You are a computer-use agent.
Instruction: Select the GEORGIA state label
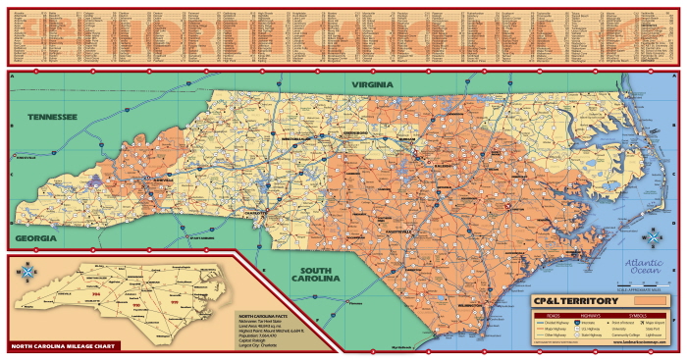(x=34, y=238)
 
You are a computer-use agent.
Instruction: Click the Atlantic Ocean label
(x=645, y=264)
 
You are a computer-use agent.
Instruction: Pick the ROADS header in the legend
(x=543, y=313)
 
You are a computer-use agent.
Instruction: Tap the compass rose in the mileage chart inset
(x=27, y=272)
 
